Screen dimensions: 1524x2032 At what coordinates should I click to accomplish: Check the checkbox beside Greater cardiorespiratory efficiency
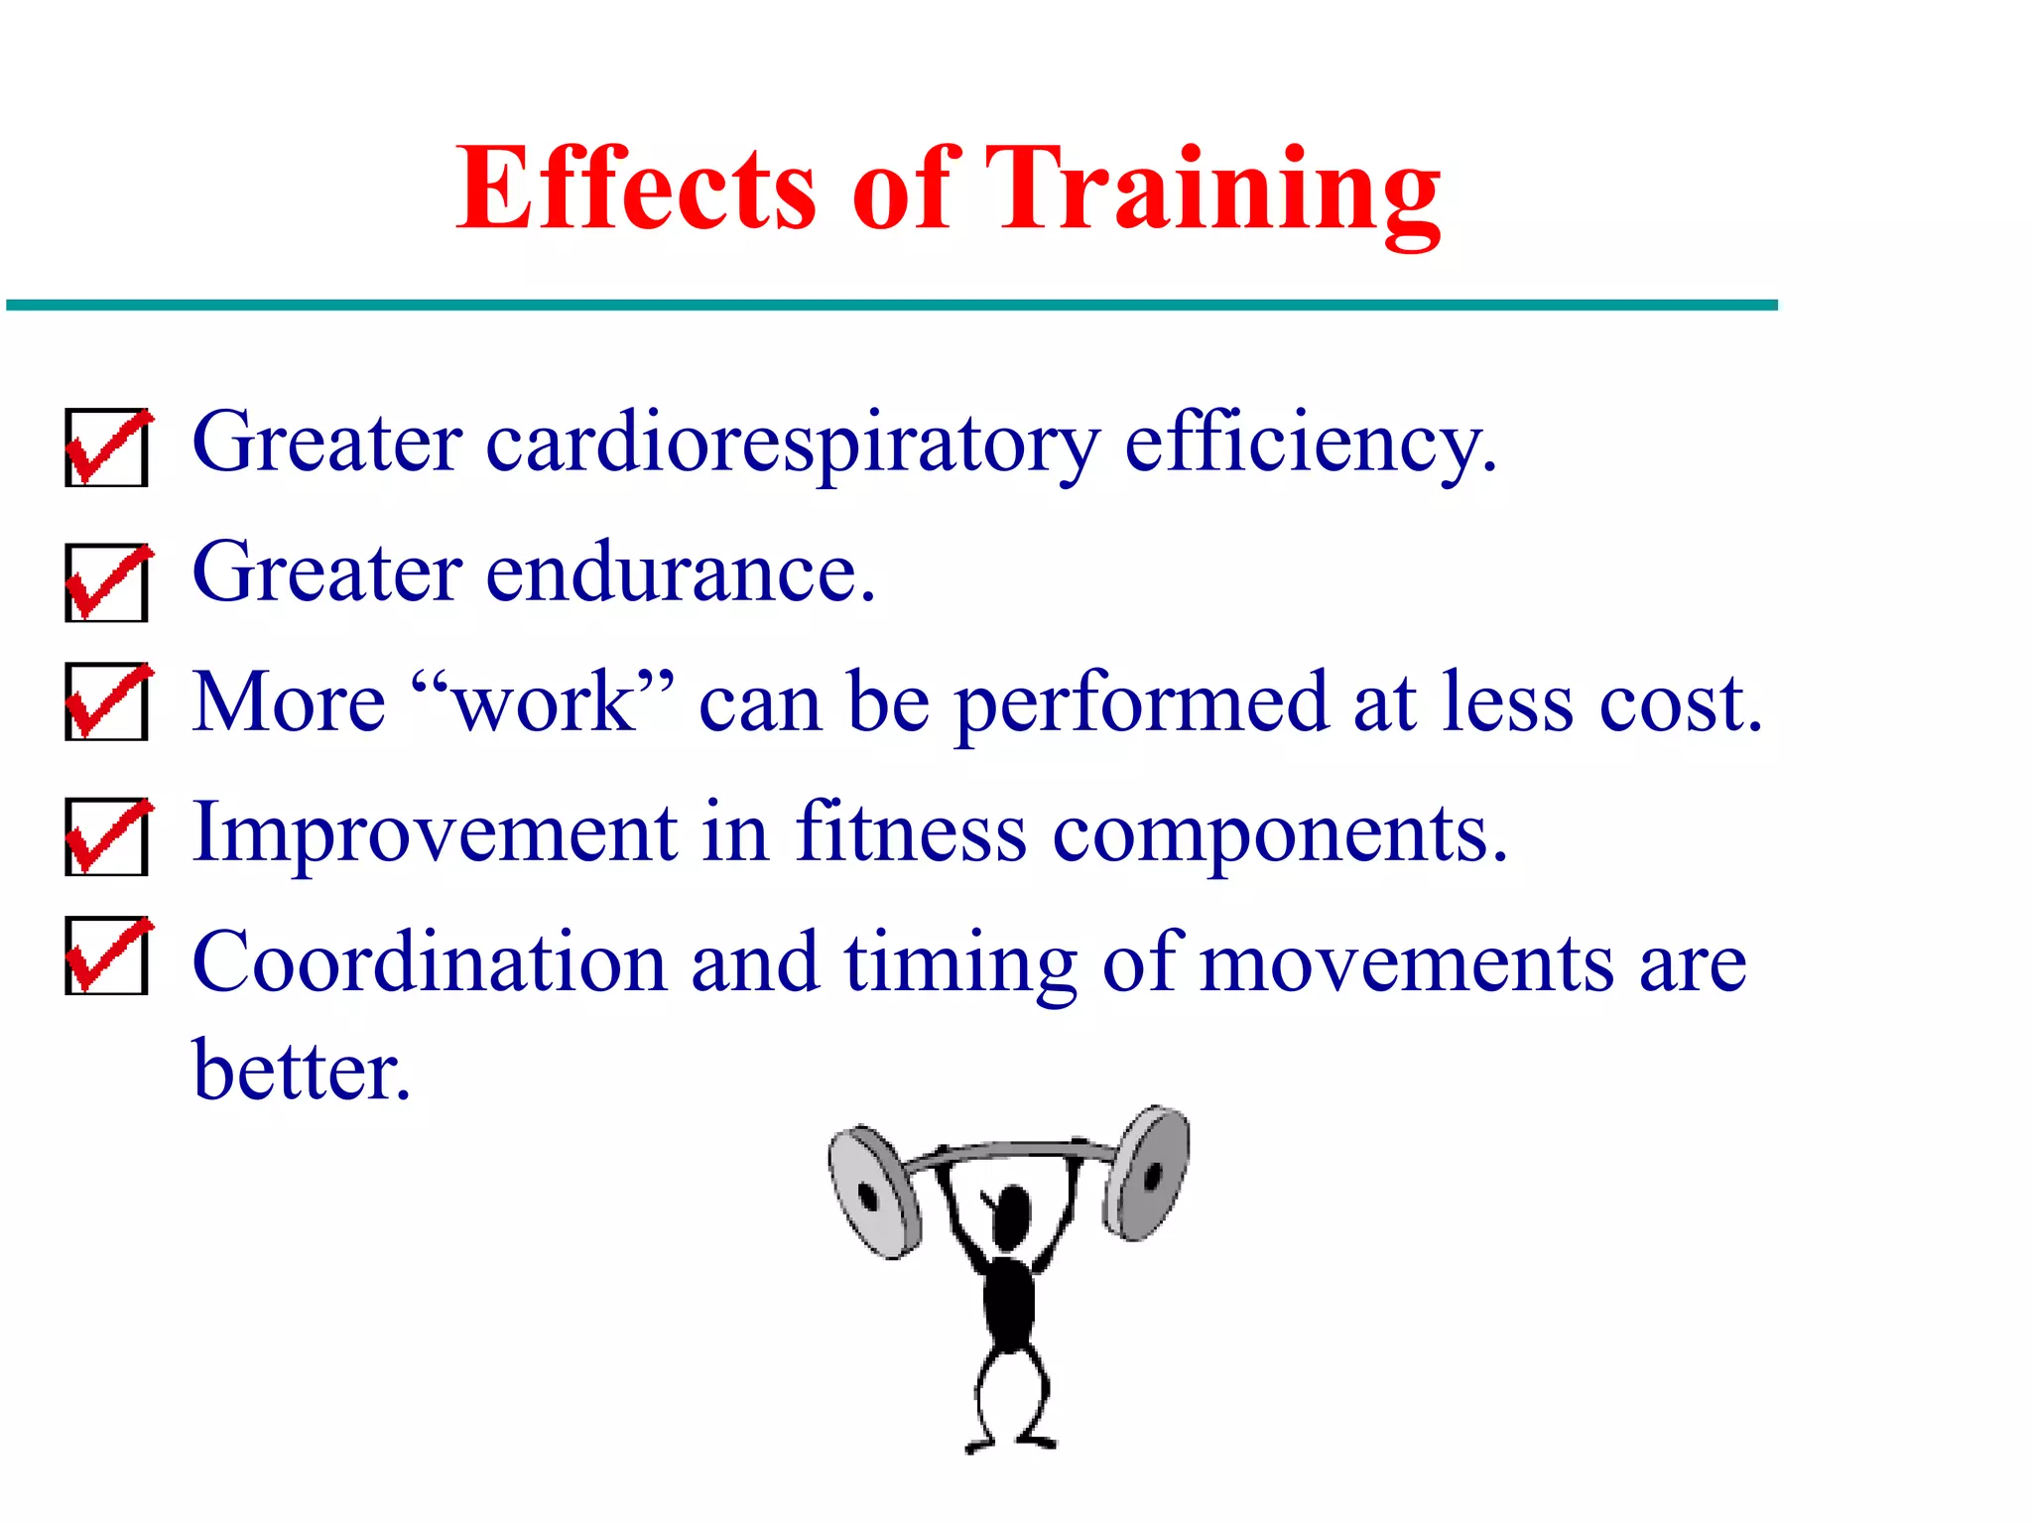pyautogui.click(x=106, y=447)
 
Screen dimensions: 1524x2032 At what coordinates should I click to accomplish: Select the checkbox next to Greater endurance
pyautogui.click(x=106, y=582)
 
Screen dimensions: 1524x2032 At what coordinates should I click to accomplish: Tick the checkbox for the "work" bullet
pyautogui.click(x=106, y=701)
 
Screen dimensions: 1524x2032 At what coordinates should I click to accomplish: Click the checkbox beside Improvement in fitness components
pyautogui.click(x=106, y=836)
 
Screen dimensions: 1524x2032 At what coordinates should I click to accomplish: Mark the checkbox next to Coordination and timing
pyautogui.click(x=106, y=955)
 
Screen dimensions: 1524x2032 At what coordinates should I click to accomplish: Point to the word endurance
pyautogui.click(x=680, y=573)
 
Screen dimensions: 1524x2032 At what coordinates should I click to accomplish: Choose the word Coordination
pyautogui.click(x=429, y=962)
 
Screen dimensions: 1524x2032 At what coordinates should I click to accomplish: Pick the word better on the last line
pyautogui.click(x=300, y=1072)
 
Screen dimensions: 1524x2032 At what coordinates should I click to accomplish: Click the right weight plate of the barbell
pyautogui.click(x=1148, y=1173)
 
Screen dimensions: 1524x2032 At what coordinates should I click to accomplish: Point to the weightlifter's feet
pyautogui.click(x=1012, y=1441)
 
